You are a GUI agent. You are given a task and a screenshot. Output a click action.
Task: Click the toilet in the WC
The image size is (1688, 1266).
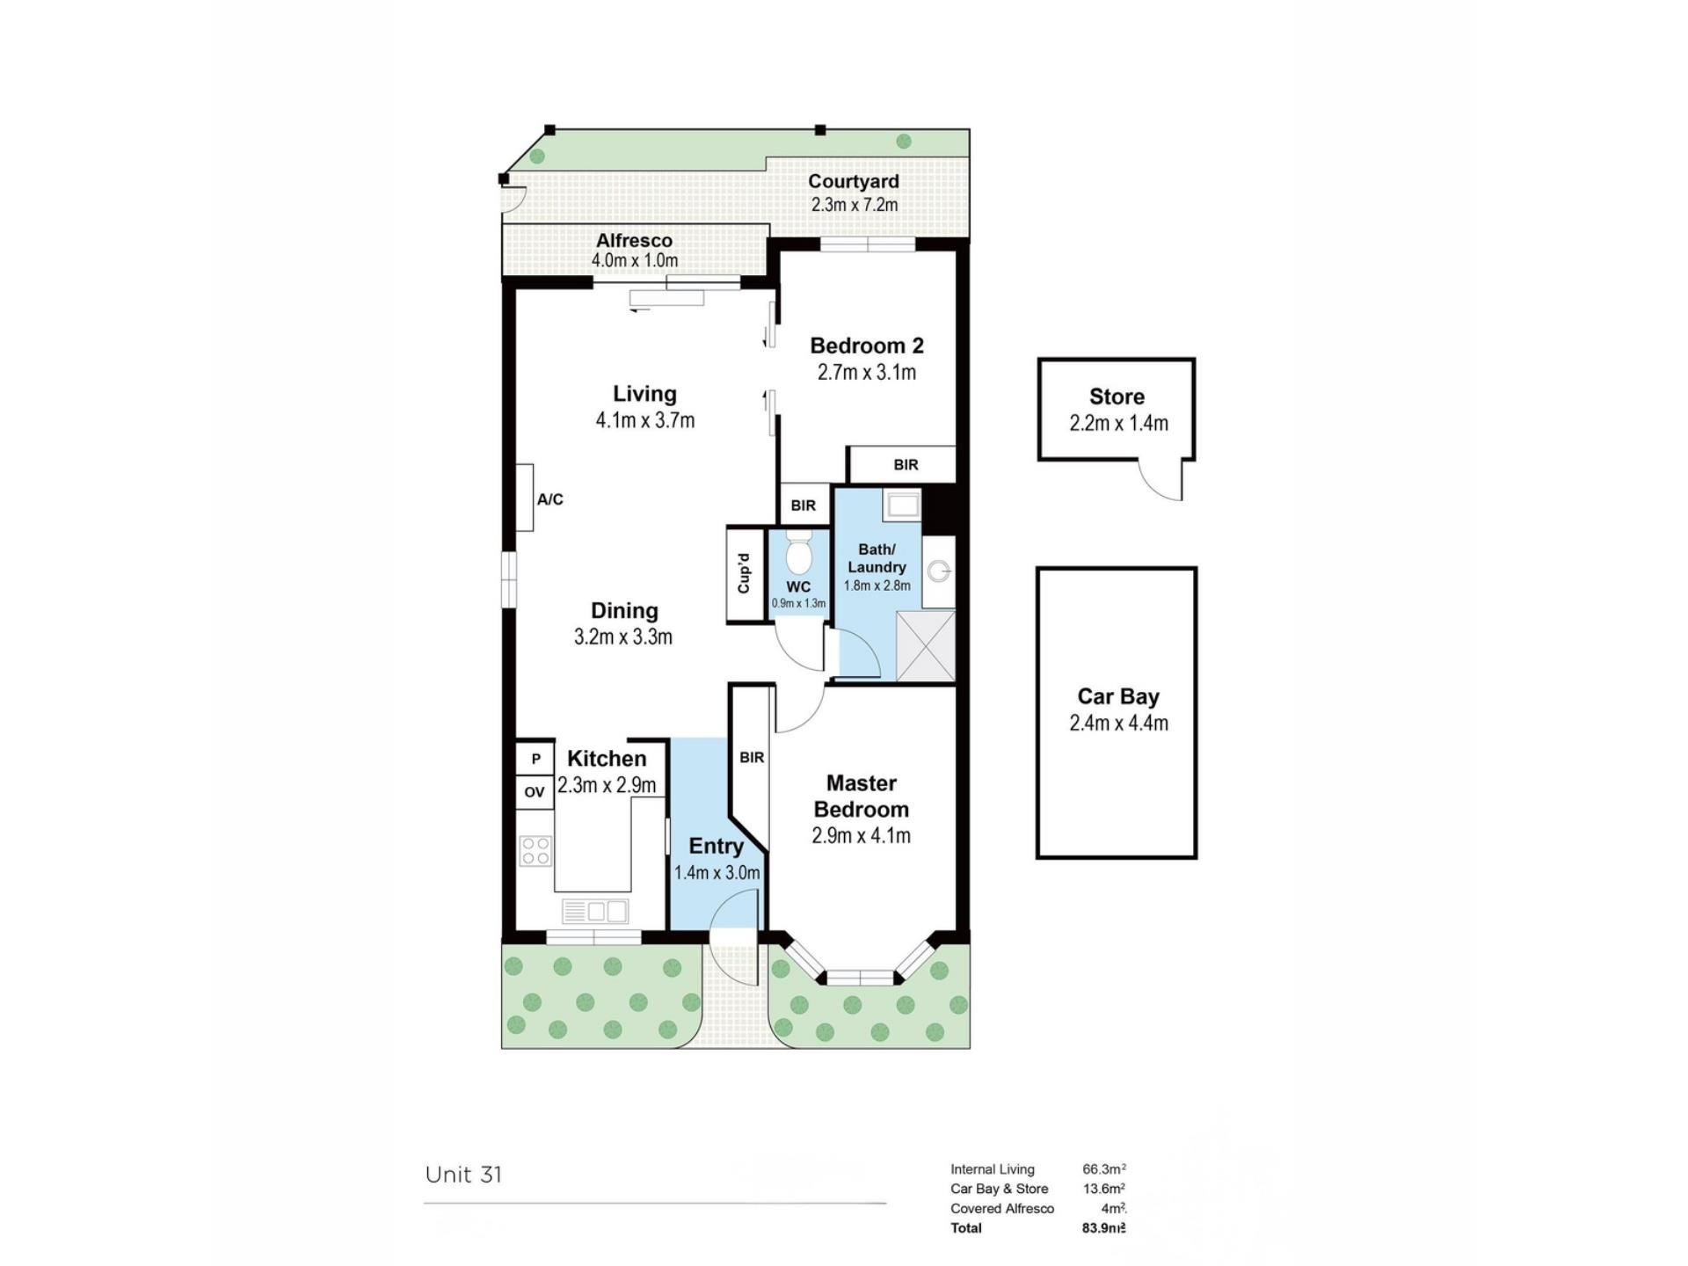[x=798, y=550]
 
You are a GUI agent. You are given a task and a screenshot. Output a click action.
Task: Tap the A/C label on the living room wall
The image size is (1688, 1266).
[x=550, y=499]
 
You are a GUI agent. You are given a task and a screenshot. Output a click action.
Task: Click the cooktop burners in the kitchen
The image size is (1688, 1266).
[x=535, y=851]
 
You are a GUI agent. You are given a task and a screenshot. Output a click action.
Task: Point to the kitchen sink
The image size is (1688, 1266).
[x=595, y=911]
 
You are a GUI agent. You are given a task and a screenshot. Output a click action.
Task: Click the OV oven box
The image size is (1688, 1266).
[x=535, y=791]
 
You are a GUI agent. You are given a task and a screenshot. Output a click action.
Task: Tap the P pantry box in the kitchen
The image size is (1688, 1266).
[x=535, y=758]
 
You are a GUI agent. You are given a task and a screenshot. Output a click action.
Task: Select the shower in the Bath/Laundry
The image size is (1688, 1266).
[x=925, y=645]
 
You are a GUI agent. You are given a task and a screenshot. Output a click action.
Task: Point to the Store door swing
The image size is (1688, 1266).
[x=1161, y=480]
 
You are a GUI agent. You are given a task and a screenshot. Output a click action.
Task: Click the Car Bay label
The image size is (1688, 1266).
[x=1118, y=696]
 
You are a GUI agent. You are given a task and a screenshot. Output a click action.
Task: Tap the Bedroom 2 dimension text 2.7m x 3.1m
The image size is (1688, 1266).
[x=867, y=372]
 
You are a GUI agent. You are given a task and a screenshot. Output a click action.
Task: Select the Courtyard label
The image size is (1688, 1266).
[x=854, y=181]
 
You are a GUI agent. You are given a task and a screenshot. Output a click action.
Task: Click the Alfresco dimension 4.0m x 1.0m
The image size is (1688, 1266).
[x=635, y=260]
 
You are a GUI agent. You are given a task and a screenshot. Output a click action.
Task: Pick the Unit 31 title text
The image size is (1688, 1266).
[x=463, y=1175]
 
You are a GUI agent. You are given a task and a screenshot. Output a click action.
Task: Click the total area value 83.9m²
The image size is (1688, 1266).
[x=1104, y=1228]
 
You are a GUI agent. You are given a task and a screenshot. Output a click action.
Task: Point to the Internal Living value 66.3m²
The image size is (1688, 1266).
[x=1104, y=1169]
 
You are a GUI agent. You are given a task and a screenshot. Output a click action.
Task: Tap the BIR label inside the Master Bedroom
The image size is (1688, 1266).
[x=752, y=757]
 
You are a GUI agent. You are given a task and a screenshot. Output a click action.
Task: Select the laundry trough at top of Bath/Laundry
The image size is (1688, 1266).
[x=903, y=505]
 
